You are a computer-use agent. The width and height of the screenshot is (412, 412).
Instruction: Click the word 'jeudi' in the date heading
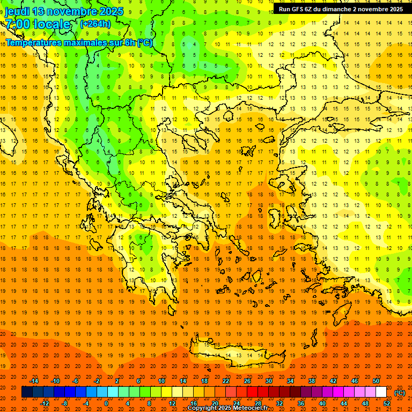(x=17, y=11)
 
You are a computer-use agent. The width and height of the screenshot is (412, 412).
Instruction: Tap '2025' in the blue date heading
(x=110, y=11)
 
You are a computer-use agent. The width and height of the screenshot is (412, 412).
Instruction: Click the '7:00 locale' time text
(x=38, y=24)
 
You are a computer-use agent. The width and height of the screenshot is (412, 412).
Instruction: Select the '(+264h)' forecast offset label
(x=95, y=24)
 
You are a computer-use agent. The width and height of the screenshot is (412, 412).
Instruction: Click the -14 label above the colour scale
(x=34, y=380)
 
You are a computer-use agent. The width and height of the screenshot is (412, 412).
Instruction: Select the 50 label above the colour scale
(x=376, y=380)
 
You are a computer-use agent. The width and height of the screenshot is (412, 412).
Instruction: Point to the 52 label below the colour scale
(x=387, y=403)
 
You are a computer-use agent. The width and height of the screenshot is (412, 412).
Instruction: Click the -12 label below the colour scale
(x=45, y=403)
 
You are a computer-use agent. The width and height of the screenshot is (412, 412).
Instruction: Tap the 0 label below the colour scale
(x=106, y=403)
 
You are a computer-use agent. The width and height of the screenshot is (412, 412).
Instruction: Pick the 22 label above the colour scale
(x=226, y=380)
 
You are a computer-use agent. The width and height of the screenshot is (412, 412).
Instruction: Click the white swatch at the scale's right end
(x=381, y=392)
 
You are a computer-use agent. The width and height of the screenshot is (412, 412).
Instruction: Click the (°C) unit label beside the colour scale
(x=399, y=393)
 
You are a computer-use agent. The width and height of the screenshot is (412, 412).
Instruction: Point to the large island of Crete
(x=236, y=356)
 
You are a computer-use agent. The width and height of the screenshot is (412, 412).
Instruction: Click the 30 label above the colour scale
(x=269, y=380)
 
